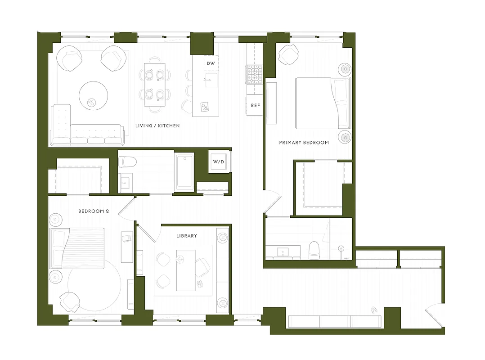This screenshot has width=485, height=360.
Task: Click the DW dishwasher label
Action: pos(211,64)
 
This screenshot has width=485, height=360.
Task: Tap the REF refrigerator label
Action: pos(255,106)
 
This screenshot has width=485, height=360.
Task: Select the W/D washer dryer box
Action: pos(219,162)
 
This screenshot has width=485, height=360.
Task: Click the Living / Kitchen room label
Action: pos(157,126)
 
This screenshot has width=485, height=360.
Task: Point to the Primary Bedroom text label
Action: pos(304,143)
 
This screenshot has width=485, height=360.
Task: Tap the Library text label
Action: pos(187,236)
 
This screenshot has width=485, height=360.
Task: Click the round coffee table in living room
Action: pos(94,95)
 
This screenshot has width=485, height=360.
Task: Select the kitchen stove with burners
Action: pos(254,74)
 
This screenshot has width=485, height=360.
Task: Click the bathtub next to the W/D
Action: pos(185,171)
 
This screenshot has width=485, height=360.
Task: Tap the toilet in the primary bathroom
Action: pos(314,249)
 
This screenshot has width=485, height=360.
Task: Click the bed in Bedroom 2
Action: pos(77,248)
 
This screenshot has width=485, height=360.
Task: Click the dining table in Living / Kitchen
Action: pos(154,84)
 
